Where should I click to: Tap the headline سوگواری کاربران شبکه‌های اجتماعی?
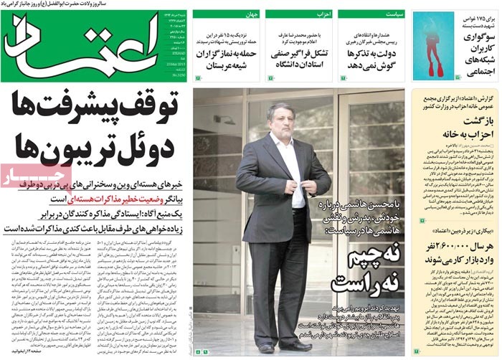474,54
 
